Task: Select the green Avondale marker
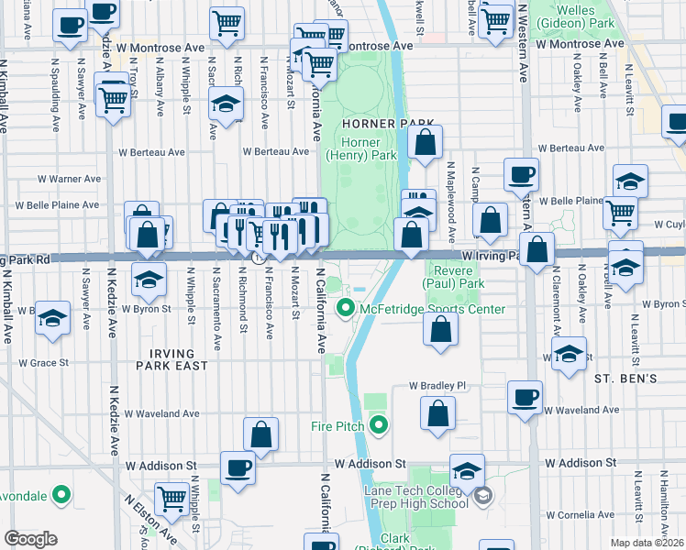[x=61, y=496]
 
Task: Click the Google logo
[x=30, y=539]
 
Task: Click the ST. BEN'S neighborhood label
[x=625, y=378]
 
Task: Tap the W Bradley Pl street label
[x=439, y=387]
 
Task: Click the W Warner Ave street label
[x=71, y=179]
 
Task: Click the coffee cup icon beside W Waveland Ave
[x=526, y=397]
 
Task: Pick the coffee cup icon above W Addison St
[x=238, y=467]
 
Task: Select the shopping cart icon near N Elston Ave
[x=171, y=498]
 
